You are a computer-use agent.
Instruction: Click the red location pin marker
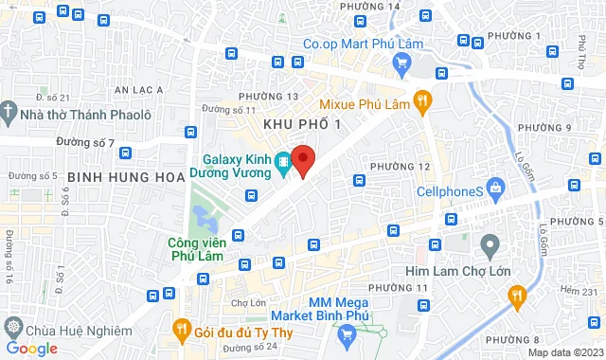click(x=302, y=159)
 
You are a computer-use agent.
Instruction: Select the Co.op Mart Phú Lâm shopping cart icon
click(x=401, y=63)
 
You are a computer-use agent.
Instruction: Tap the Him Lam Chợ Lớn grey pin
click(x=490, y=246)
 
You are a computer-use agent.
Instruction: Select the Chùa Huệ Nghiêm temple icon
click(x=12, y=328)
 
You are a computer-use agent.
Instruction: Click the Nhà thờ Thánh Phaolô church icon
click(x=9, y=113)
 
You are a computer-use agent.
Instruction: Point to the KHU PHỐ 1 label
click(x=300, y=125)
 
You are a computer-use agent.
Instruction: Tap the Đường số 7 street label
click(x=84, y=143)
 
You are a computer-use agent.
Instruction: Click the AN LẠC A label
click(x=138, y=90)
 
